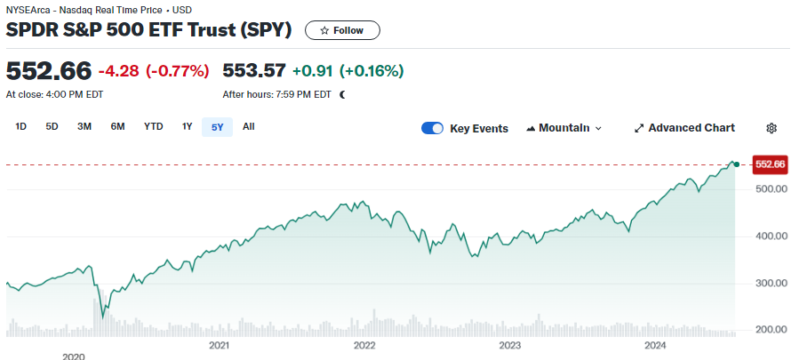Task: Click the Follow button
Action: click(342, 30)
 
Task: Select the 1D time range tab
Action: click(21, 126)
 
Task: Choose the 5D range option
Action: click(52, 126)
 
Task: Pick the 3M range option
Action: click(84, 126)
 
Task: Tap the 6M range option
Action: click(117, 126)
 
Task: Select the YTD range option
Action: click(154, 126)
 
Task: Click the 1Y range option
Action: click(187, 126)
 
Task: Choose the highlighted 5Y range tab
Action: click(218, 127)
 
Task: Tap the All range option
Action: click(249, 126)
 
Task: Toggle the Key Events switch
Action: click(433, 128)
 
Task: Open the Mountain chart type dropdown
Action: click(564, 128)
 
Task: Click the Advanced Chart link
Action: click(684, 128)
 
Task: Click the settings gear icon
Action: click(771, 128)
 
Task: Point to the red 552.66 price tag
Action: click(770, 164)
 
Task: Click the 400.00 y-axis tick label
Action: click(770, 236)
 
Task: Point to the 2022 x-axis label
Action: click(364, 345)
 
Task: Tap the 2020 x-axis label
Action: click(73, 356)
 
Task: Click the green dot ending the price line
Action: click(736, 164)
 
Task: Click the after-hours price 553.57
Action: click(254, 70)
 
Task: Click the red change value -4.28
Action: click(118, 70)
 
